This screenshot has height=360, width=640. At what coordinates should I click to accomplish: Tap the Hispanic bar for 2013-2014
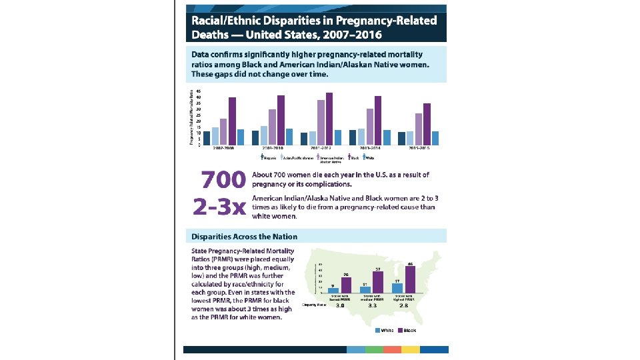(353, 137)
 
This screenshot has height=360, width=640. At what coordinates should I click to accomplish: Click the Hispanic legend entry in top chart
(268, 158)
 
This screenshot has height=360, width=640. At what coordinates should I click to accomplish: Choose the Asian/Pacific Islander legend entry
(295, 158)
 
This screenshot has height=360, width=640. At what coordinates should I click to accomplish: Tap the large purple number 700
(219, 180)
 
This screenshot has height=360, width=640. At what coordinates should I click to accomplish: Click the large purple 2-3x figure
(219, 207)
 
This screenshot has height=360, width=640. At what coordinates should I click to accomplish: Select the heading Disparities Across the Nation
(245, 236)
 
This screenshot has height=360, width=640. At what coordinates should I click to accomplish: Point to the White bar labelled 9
(333, 290)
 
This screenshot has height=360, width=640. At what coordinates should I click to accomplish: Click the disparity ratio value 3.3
(373, 305)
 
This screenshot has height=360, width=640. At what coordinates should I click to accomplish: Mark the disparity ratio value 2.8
(405, 305)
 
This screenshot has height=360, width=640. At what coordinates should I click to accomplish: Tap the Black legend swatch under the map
(401, 330)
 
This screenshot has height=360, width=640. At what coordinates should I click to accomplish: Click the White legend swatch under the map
(378, 330)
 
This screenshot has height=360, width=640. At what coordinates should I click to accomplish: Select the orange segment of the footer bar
(392, 349)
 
